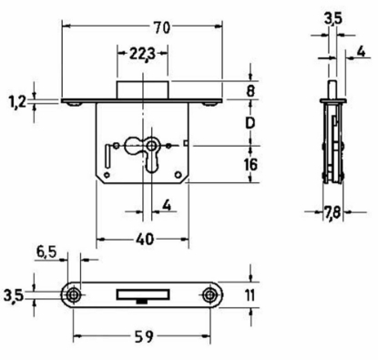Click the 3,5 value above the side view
pos(333,17)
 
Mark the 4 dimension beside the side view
pos(363,51)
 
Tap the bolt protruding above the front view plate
pos(143,87)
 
